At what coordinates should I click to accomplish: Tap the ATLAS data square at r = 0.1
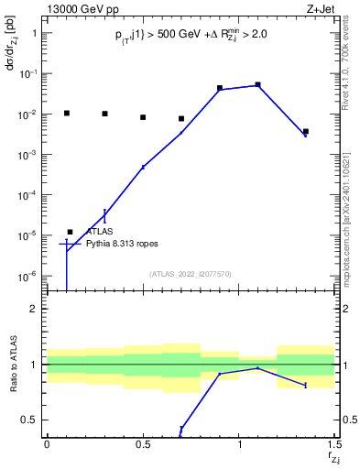[66, 113]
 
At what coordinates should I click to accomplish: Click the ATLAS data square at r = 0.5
[143, 117]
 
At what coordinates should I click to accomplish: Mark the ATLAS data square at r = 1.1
[258, 84]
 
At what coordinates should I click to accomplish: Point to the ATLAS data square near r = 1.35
[306, 132]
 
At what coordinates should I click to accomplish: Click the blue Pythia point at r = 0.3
[104, 214]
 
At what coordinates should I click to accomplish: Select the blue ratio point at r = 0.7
[181, 429]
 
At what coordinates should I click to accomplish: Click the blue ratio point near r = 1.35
[306, 385]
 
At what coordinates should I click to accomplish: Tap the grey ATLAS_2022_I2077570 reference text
[190, 273]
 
